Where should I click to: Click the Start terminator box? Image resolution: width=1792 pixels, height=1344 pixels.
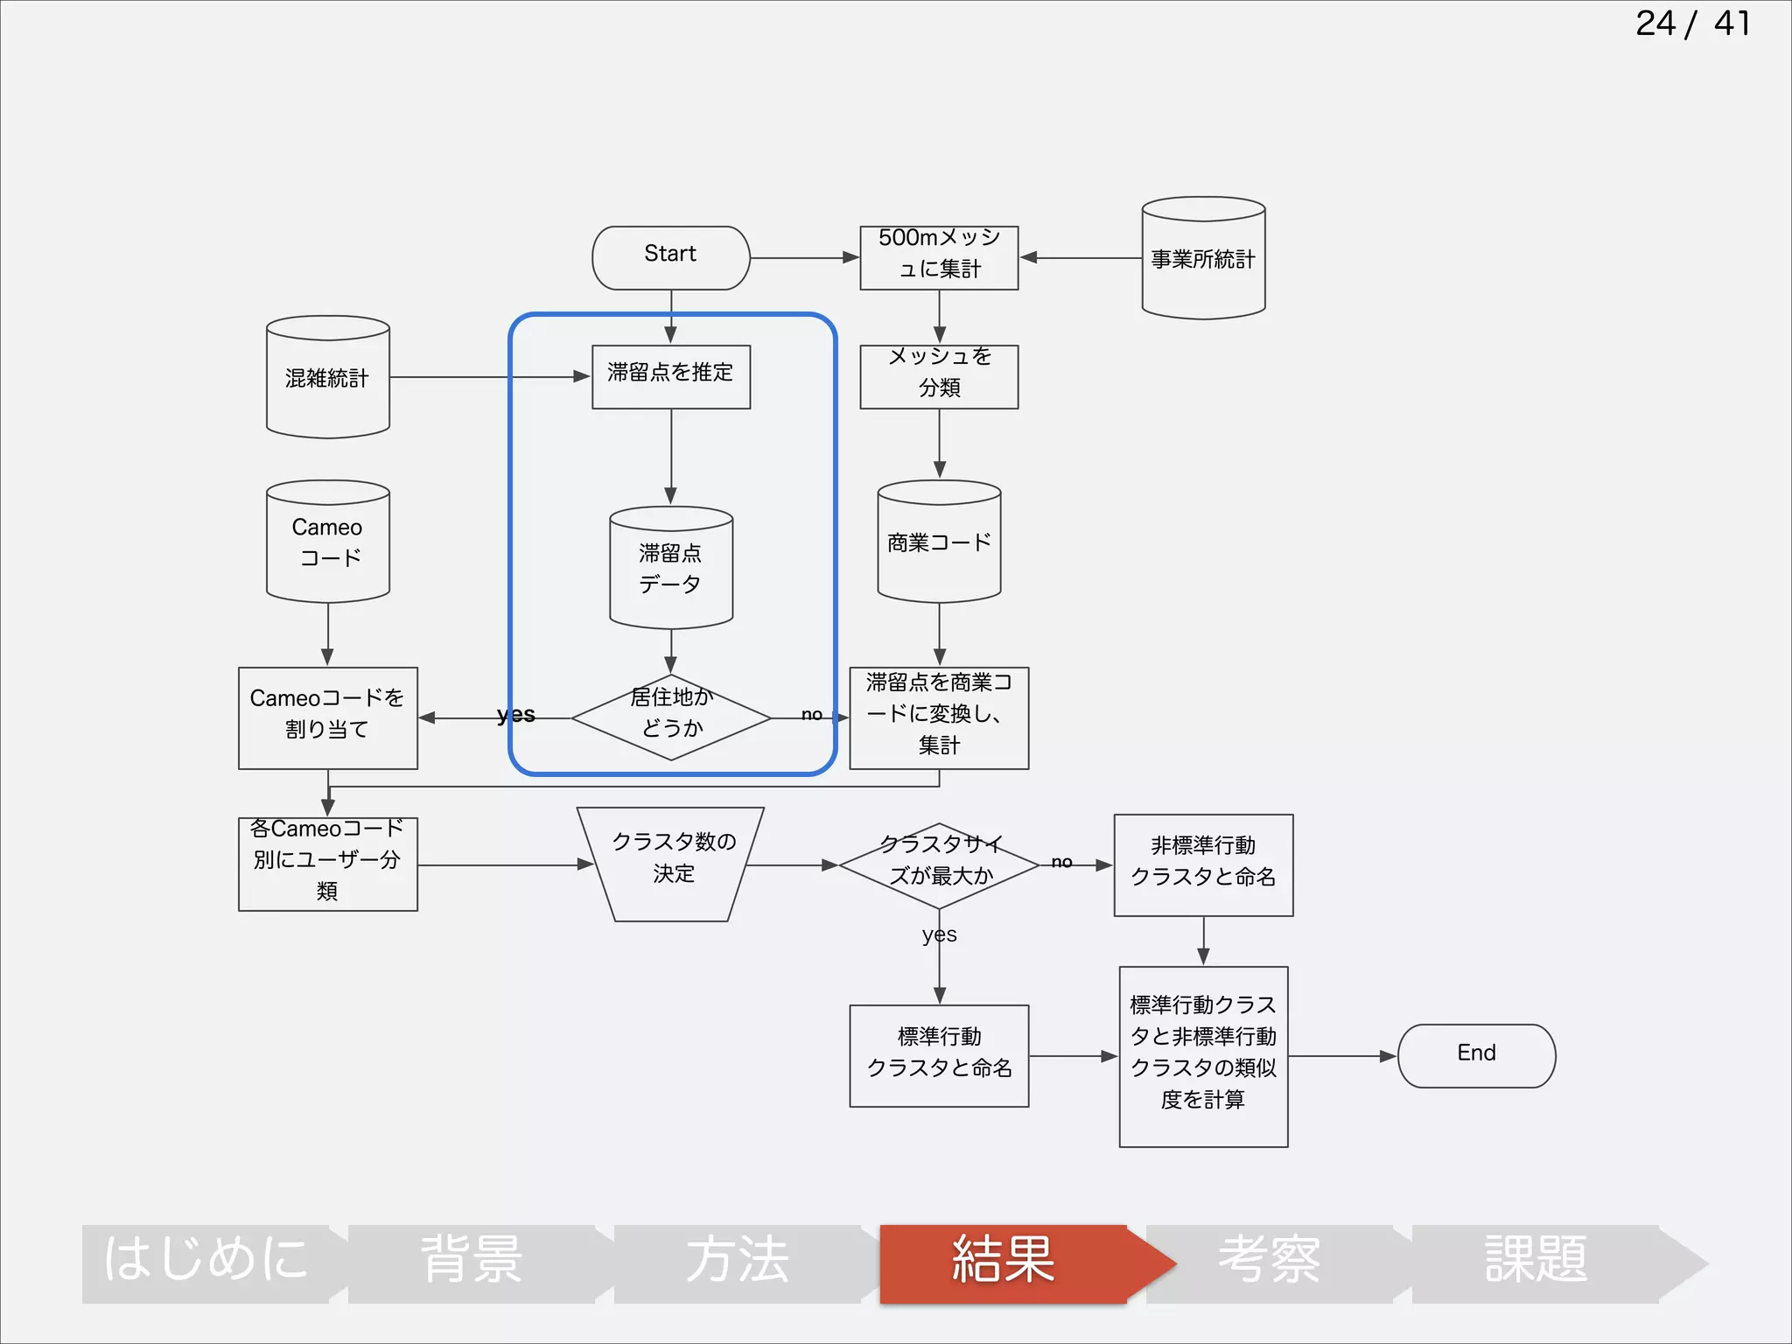670,257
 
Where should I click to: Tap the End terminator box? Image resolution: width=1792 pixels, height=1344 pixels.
1476,1055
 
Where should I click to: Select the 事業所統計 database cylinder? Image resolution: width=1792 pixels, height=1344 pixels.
1203,258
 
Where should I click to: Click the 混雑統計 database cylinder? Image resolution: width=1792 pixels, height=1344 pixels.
327,377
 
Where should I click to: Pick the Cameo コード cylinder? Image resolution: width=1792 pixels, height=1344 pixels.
327,542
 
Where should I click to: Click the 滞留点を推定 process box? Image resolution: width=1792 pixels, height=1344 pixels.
670,376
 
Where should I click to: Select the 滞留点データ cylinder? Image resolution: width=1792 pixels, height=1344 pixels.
670,568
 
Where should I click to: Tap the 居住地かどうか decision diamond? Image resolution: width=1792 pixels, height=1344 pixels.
671,717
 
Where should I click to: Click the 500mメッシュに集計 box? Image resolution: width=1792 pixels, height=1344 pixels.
939,257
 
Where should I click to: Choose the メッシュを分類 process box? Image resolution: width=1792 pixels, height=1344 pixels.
939,376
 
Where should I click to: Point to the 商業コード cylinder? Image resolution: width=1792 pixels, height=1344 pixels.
939,542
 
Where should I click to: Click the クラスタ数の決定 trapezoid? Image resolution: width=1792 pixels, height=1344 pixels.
671,863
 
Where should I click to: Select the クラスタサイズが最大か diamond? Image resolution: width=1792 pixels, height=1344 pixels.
939,864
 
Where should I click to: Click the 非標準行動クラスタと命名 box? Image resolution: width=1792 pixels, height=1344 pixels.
1203,864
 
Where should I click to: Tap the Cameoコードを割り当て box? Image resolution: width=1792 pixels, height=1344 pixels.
327,717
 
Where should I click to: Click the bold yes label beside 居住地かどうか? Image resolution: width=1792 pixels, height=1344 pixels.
515,714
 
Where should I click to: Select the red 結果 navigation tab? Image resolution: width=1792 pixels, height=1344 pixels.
1004,1263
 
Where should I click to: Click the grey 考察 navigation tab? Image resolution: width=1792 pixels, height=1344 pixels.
1270,1263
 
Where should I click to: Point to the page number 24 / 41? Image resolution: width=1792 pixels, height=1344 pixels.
1692,24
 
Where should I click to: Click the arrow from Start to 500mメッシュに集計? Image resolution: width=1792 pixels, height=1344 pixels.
804,257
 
